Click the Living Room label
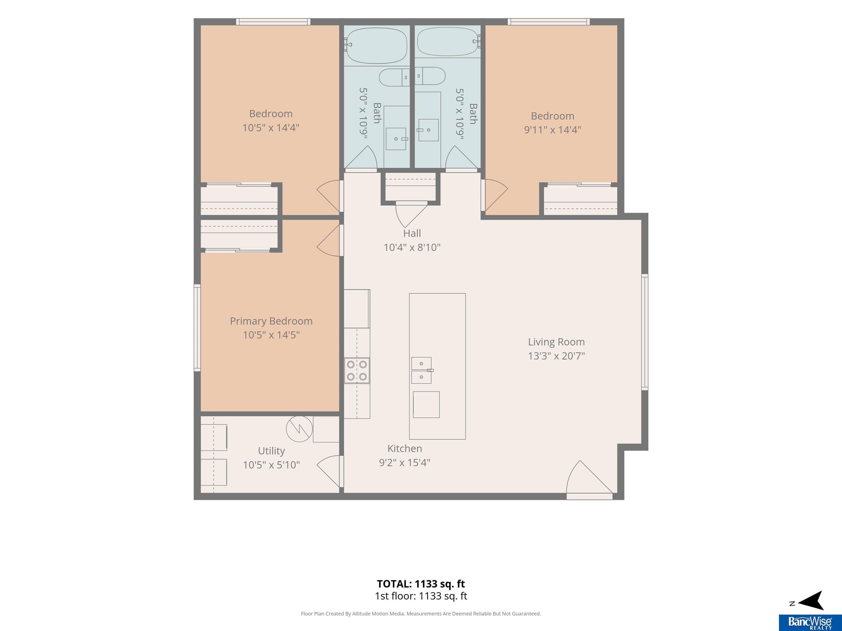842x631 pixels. tap(556, 342)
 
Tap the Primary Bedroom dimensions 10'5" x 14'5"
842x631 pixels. tap(271, 335)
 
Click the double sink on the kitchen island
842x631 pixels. tap(421, 370)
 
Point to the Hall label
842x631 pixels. tap(412, 233)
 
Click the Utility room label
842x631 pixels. tap(271, 451)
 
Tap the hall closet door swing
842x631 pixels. tap(411, 214)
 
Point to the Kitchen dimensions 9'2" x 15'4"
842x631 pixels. tap(405, 463)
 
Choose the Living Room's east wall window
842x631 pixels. tap(645, 332)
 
